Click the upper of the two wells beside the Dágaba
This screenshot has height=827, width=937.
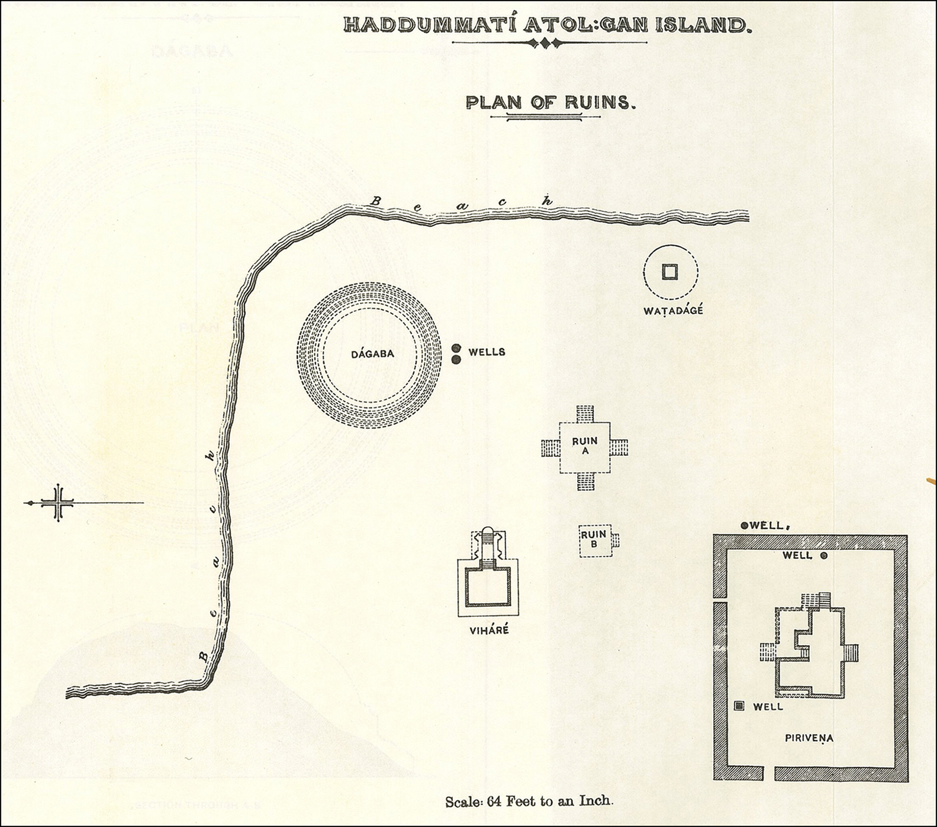click(x=456, y=349)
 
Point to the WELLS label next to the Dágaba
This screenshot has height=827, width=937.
click(x=487, y=352)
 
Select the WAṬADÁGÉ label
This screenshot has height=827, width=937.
click(x=673, y=311)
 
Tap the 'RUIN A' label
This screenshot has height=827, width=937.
click(x=584, y=445)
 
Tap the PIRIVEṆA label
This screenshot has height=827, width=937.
click(x=809, y=738)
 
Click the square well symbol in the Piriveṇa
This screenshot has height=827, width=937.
click(x=739, y=706)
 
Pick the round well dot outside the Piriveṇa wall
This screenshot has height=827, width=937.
click(x=744, y=525)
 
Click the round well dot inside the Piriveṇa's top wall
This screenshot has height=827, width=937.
click(x=823, y=556)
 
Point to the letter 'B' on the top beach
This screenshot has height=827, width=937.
click(x=374, y=201)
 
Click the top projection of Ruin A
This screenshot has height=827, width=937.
click(x=585, y=413)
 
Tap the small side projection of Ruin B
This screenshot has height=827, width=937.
click(x=615, y=540)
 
